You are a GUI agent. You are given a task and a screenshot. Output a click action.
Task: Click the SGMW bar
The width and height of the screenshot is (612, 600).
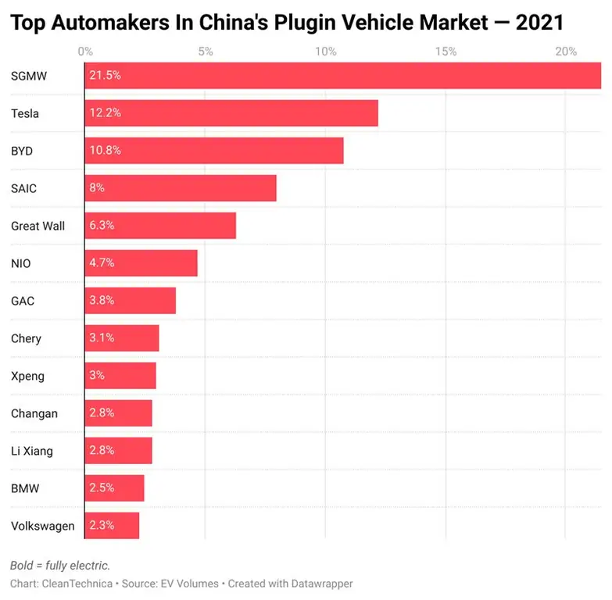pos(342,76)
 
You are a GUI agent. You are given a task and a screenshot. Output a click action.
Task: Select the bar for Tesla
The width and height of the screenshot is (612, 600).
pos(231,113)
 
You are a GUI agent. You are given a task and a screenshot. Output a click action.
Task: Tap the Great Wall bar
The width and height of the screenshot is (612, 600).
pos(160,226)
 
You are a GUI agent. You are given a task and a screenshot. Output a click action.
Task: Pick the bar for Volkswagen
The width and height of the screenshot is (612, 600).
pos(112,526)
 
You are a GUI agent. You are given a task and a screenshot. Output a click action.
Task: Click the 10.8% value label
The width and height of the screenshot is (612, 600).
pos(106,151)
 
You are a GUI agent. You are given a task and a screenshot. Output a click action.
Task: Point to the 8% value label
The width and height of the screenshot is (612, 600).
pos(97,188)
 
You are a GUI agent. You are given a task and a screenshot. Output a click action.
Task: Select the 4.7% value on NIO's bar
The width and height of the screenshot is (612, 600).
pos(102,263)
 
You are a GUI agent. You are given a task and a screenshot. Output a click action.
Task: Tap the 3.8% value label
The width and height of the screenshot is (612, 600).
pos(102,301)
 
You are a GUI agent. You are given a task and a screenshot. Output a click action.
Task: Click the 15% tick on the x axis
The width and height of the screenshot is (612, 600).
pos(446,52)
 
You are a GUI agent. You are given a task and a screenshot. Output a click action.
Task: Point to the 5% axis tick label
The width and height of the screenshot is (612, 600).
pos(206,52)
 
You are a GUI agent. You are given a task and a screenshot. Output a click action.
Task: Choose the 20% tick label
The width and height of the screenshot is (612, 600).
pos(566,52)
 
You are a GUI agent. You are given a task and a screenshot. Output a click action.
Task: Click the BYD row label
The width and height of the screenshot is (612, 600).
pos(22,151)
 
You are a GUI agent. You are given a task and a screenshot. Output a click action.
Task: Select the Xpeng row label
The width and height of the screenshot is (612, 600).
pos(27,376)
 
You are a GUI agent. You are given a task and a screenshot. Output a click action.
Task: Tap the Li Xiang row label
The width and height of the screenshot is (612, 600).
pos(32,451)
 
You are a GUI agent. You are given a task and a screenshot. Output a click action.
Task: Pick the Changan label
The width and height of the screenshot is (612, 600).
pos(34,413)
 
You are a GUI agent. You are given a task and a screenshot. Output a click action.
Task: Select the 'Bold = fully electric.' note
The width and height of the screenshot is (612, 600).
pos(60,565)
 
